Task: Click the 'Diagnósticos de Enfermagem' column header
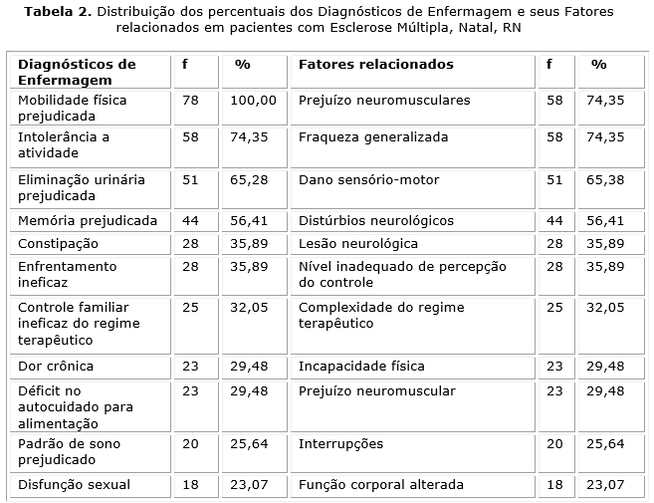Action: [x=77, y=71]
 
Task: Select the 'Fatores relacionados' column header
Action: [x=375, y=64]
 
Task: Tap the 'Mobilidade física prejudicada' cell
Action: [x=73, y=108]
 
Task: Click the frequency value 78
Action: [x=190, y=101]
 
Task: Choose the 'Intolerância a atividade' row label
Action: [x=64, y=144]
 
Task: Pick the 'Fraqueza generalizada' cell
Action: [x=373, y=136]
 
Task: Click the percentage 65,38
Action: [x=605, y=180]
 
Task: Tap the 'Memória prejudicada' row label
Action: [x=88, y=220]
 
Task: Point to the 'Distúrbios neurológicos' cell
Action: [x=375, y=220]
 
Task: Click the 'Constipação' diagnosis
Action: [x=58, y=243]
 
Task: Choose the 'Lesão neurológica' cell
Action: [x=357, y=243]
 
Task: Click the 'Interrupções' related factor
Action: [x=340, y=443]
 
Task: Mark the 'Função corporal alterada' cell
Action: [x=380, y=485]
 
